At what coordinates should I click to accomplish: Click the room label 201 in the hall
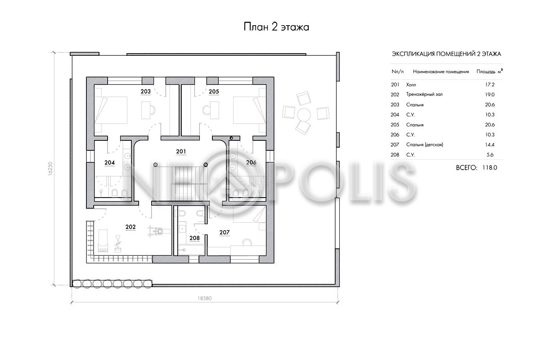[181, 152]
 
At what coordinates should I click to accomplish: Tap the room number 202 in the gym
[130, 227]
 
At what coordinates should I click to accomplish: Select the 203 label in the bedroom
[146, 91]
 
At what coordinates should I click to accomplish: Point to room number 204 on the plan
[109, 163]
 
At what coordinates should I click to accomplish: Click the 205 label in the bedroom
[214, 92]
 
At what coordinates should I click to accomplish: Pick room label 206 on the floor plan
[251, 162]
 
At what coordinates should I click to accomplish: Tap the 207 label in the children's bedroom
[225, 233]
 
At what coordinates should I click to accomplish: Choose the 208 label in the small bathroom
[194, 238]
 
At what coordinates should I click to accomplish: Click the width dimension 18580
[205, 298]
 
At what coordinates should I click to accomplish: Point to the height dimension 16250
[50, 169]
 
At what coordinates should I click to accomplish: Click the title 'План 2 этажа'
[276, 27]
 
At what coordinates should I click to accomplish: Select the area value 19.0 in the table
[490, 94]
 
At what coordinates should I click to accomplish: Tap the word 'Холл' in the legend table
[411, 85]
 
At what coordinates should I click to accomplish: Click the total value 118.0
[490, 167]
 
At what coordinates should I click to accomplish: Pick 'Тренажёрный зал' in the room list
[424, 94]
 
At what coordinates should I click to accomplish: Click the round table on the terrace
[304, 115]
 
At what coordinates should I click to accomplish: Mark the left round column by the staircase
[156, 165]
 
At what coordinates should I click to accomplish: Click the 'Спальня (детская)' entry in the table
[424, 145]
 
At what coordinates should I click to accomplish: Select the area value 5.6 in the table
[490, 155]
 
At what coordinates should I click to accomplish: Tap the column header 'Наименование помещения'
[441, 72]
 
